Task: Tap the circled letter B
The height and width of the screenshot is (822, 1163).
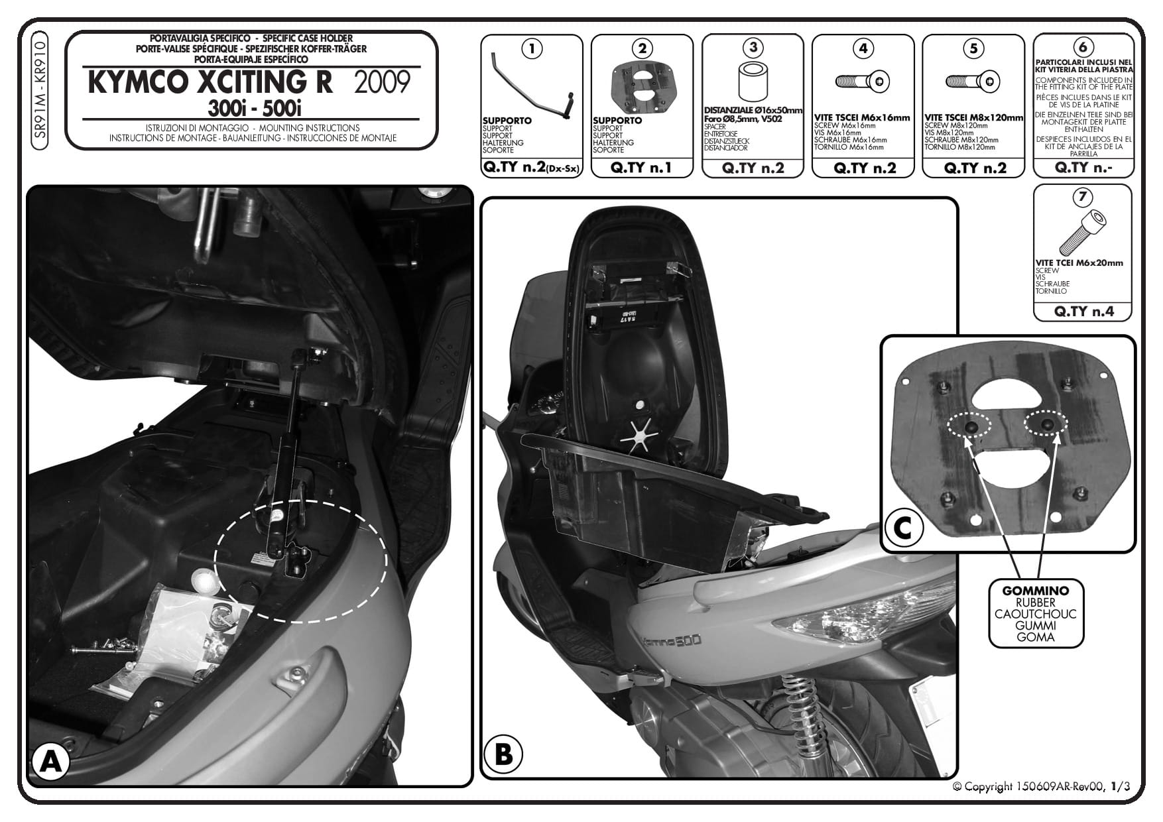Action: pyautogui.click(x=503, y=754)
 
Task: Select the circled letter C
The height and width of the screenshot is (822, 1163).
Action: pyautogui.click(x=903, y=529)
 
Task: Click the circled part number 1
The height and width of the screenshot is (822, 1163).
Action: pyautogui.click(x=532, y=48)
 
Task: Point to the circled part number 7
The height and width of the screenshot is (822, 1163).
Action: pyautogui.click(x=1082, y=197)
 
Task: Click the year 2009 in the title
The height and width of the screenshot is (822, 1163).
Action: pyautogui.click(x=383, y=83)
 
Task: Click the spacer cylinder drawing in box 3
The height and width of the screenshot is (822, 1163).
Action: pyautogui.click(x=752, y=84)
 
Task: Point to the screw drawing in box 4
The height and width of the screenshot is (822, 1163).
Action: pyautogui.click(x=862, y=82)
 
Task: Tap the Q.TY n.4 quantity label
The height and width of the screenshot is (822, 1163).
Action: pyautogui.click(x=1082, y=311)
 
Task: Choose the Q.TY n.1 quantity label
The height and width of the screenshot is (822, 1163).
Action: pyautogui.click(x=641, y=168)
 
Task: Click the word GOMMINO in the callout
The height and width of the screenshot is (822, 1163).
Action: pyautogui.click(x=1035, y=591)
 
